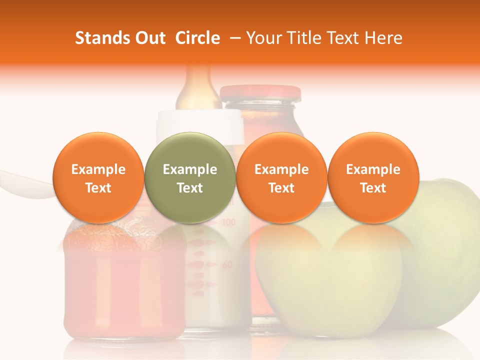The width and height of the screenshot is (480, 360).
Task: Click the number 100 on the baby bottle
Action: (x=228, y=222)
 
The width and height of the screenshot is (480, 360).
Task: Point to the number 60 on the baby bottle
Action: (x=227, y=265)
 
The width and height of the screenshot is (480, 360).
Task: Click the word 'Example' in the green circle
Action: (x=189, y=170)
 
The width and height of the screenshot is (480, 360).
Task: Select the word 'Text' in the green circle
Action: (x=189, y=188)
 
